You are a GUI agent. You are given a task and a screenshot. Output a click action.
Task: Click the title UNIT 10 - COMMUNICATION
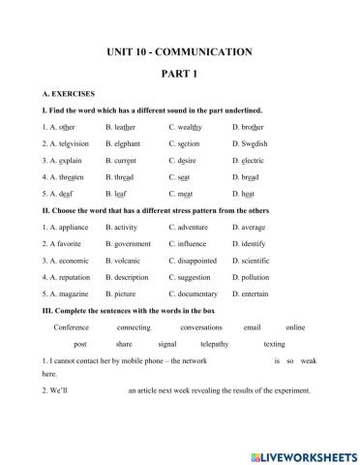point(180,50)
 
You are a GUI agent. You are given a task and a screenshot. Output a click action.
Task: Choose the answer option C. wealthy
point(185,126)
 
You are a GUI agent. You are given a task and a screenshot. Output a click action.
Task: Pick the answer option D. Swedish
point(250,143)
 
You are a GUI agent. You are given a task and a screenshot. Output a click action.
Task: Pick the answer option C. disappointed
point(194,261)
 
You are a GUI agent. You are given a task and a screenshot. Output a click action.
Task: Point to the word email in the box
point(252,326)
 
